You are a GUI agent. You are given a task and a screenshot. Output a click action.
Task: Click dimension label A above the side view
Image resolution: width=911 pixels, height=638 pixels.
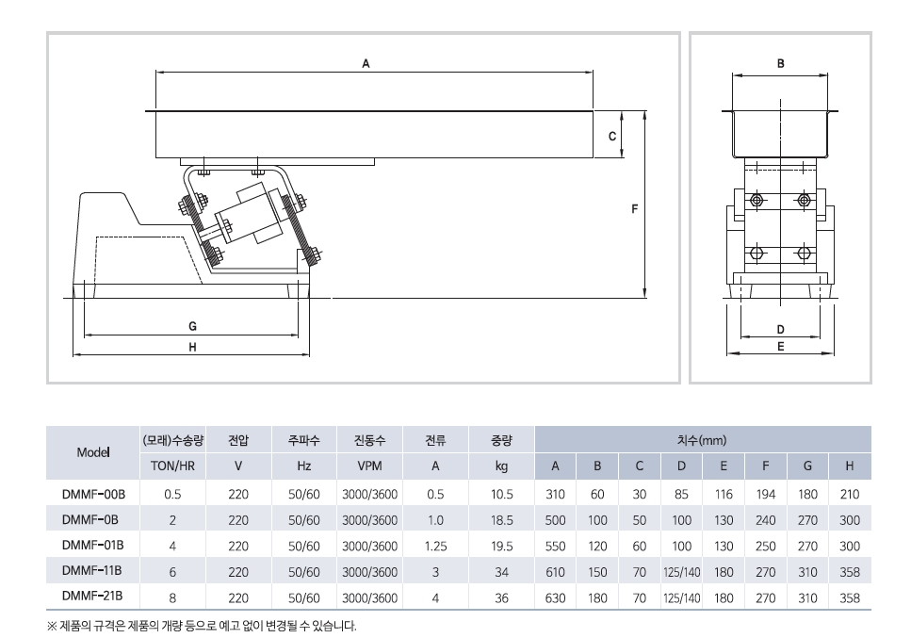pos(366,62)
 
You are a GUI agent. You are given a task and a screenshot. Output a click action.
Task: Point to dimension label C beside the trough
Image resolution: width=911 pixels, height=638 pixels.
pos(612,137)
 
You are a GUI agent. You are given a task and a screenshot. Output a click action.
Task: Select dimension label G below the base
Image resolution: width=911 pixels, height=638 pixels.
pos(192,326)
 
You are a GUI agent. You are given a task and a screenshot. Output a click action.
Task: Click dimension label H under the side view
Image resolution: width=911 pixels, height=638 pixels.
pos(192,347)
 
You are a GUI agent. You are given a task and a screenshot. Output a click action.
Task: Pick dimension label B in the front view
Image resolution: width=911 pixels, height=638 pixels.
pos(780,64)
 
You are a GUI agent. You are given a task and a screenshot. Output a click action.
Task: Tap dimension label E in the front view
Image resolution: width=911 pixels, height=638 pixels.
pos(780,346)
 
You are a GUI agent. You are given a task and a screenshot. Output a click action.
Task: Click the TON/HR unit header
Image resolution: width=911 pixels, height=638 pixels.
pos(172,466)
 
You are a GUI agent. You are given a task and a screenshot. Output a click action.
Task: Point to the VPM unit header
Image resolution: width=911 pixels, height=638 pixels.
pos(369,466)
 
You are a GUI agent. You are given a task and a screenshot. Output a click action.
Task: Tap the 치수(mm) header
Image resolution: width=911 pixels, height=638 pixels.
pos(702,440)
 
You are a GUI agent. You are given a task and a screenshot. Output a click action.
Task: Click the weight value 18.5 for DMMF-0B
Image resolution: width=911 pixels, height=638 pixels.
pos(501,519)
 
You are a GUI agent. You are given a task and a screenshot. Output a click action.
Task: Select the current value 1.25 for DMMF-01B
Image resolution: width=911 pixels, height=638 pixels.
pos(435,545)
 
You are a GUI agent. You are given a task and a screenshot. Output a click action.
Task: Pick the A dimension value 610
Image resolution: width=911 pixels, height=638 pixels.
pos(556,571)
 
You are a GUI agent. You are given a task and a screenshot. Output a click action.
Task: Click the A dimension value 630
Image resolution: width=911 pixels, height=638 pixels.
pos(556,597)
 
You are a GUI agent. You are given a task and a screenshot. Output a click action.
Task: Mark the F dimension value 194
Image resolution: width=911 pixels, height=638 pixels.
pos(766,494)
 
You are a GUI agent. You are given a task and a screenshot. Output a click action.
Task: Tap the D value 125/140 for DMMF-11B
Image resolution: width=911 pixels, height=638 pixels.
pos(681,571)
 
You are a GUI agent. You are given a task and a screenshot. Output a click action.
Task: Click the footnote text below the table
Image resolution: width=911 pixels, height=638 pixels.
pos(202,626)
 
